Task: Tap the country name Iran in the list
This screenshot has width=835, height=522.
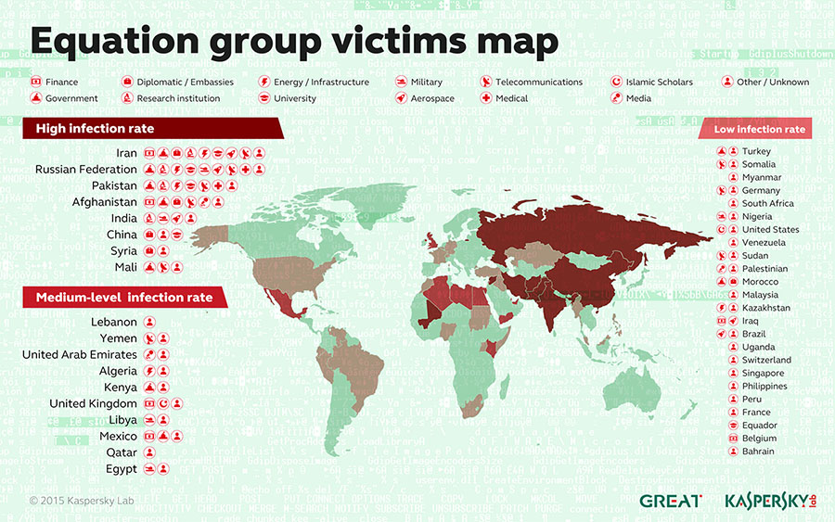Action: tap(126, 153)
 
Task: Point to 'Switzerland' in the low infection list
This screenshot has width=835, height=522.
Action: tap(766, 360)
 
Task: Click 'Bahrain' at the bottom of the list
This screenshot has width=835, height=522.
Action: tap(758, 452)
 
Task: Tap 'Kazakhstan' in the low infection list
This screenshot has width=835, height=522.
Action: tap(766, 307)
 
